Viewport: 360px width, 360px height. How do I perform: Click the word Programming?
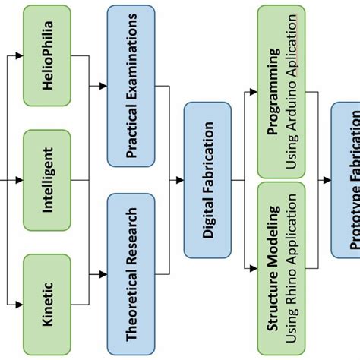273,91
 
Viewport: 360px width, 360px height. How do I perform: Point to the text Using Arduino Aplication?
292,91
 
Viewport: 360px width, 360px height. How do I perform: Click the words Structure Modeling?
273,269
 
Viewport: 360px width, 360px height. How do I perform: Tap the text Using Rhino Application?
292,269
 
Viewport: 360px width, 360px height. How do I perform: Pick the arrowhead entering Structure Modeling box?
253,268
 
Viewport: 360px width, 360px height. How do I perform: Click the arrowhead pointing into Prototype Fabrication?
327,180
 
